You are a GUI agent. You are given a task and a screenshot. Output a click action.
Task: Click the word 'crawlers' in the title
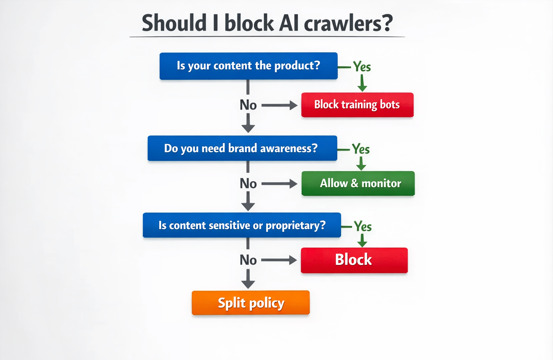pos(348,23)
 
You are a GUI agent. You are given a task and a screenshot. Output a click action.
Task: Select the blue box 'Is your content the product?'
pos(248,66)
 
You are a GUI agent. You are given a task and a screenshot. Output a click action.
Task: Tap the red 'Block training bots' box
pos(357,105)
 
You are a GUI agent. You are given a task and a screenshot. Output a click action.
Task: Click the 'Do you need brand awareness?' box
pos(242,148)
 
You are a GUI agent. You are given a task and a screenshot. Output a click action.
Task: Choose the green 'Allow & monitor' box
pos(358,183)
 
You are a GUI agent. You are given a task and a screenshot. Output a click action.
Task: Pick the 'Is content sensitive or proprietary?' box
pos(242,225)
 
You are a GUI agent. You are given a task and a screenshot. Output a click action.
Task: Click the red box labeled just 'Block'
pos(354,260)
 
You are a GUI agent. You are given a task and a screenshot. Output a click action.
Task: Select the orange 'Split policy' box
pos(250,303)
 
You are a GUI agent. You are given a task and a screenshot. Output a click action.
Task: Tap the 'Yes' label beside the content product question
pos(362,67)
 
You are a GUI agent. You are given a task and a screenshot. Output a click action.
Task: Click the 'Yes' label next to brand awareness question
pos(361,149)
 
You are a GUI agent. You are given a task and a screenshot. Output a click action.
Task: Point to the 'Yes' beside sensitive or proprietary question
pos(363,226)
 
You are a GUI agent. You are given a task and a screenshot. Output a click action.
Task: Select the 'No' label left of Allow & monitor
pos(248,184)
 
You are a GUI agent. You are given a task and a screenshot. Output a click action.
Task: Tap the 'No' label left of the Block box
pos(248,260)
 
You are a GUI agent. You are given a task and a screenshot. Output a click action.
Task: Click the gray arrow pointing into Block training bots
pos(279,105)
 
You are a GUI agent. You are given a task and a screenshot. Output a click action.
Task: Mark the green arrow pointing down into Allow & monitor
pos(361,164)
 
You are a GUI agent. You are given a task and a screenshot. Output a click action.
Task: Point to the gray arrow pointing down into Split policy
pos(248,279)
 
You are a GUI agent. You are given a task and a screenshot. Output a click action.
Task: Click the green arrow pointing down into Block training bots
pos(362,83)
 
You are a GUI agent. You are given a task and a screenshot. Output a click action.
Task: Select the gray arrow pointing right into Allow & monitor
pos(279,184)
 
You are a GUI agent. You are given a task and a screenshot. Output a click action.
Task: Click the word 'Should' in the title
pos(174,23)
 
